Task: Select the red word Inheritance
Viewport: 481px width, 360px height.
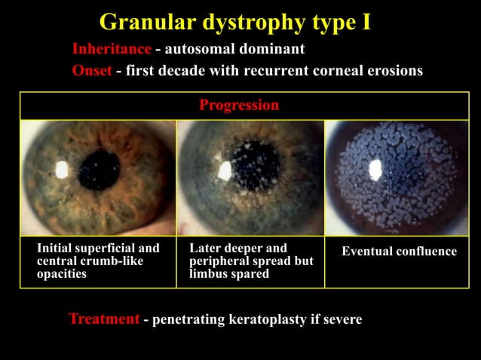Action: (112, 50)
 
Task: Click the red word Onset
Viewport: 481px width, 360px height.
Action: (92, 71)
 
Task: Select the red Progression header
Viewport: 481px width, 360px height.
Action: (239, 105)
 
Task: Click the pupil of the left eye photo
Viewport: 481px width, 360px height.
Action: (98, 170)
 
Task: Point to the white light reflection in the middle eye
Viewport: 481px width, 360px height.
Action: (225, 171)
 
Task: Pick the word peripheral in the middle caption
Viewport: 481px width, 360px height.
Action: (222, 261)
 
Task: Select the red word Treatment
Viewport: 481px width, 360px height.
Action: (104, 319)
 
